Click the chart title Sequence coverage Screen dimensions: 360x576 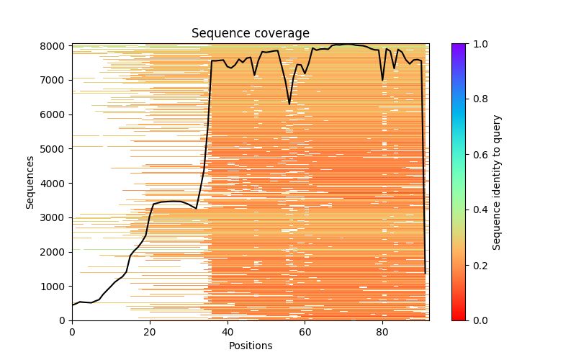point(250,33)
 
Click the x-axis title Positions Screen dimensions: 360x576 point(250,346)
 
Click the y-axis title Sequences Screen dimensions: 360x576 point(30,181)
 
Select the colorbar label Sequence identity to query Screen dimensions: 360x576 point(497,181)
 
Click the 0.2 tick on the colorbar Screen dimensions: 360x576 point(477,265)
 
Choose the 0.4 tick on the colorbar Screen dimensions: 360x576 point(477,210)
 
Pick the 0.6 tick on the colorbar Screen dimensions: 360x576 point(477,154)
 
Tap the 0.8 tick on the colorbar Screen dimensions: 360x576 point(477,99)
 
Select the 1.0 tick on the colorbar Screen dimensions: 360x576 point(477,44)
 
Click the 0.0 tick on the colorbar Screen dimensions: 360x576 point(477,320)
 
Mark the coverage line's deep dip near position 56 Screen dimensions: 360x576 point(289,104)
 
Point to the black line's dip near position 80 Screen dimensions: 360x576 point(382,79)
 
